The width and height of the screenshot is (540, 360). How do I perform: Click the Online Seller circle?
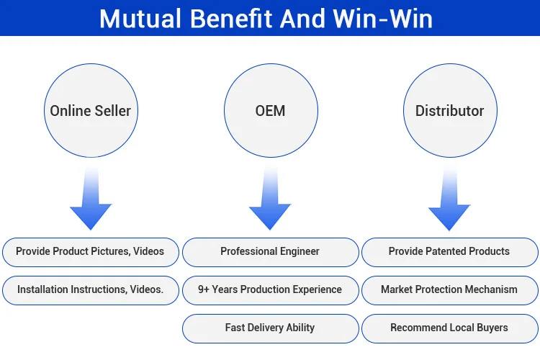91,111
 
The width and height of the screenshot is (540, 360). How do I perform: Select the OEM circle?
270,111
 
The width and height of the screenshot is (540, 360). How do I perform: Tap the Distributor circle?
449,111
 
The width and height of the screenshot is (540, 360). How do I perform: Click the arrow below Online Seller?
91,202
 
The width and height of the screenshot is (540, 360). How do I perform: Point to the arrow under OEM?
270,202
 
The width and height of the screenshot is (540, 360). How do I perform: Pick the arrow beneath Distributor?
449,202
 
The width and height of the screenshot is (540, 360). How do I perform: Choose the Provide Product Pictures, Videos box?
90,252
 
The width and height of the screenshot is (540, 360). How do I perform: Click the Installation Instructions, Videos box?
90,290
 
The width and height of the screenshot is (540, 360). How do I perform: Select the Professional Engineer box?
270,252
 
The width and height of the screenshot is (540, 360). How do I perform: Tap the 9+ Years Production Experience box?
270,290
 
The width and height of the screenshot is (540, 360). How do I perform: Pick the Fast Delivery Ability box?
270,328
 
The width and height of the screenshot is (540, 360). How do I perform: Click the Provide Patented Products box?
449,252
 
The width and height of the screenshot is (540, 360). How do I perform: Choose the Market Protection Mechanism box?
449,290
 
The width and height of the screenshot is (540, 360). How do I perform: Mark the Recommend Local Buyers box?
449,328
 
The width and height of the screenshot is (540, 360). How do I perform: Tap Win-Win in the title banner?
387,18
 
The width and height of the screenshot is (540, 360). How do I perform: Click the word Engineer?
295,252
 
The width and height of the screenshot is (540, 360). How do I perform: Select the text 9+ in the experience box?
204,290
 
